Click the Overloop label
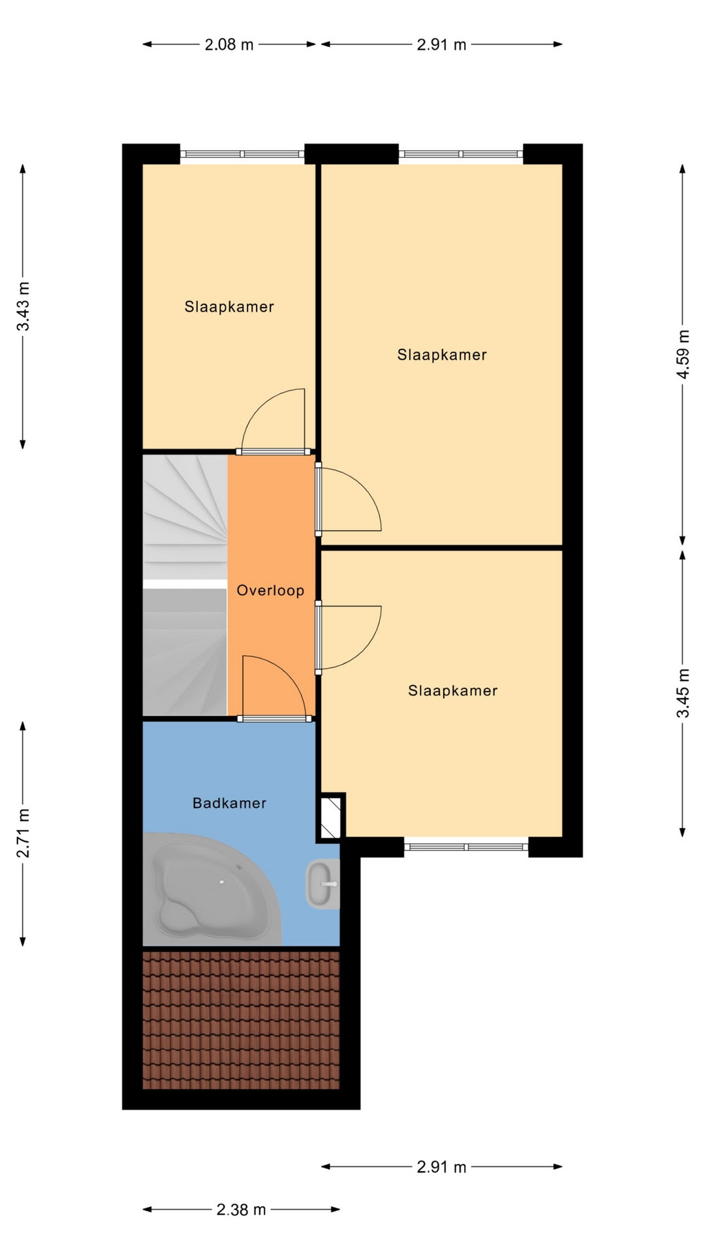tap(270, 590)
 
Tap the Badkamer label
tap(229, 803)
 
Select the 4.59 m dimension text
tap(683, 354)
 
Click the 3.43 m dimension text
tap(23, 306)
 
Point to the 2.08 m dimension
tap(229, 44)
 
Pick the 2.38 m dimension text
tap(241, 1210)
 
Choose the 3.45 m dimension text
tap(683, 693)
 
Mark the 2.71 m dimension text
tap(23, 833)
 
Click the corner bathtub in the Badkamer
tap(211, 890)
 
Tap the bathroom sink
tap(322, 884)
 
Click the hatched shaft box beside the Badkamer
tap(331, 816)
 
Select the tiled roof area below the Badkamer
tap(241, 1020)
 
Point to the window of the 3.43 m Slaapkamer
tap(242, 154)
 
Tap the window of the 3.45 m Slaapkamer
tap(466, 847)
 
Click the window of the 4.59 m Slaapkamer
tap(461, 154)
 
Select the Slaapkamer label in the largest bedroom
tap(442, 355)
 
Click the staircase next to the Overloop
tap(185, 585)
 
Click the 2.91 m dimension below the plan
tap(441, 1166)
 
